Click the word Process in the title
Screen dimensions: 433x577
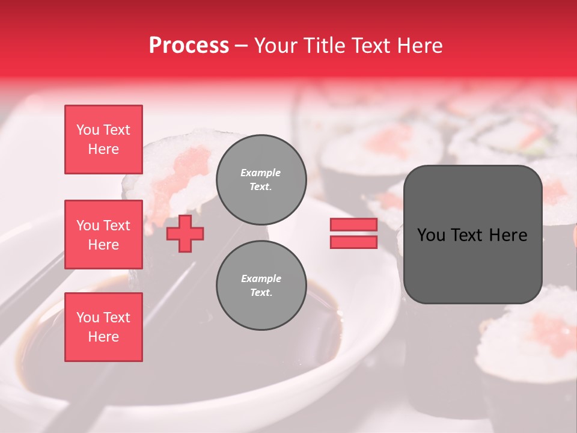[x=189, y=46]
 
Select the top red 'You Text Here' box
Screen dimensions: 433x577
[x=103, y=140]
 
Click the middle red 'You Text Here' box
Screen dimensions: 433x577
[x=103, y=235]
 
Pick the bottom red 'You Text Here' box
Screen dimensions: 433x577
[x=103, y=327]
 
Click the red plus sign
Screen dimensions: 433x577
[x=185, y=234]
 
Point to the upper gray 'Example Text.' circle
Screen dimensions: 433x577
[x=261, y=179]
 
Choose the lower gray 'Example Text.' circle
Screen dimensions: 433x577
[x=261, y=286]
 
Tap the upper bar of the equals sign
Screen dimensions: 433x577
[x=353, y=225]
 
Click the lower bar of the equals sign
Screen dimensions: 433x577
[x=353, y=242]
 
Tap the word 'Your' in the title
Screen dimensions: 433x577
[x=275, y=46]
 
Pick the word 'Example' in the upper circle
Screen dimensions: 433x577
[x=261, y=173]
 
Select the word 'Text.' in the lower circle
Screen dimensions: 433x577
[x=261, y=293]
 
